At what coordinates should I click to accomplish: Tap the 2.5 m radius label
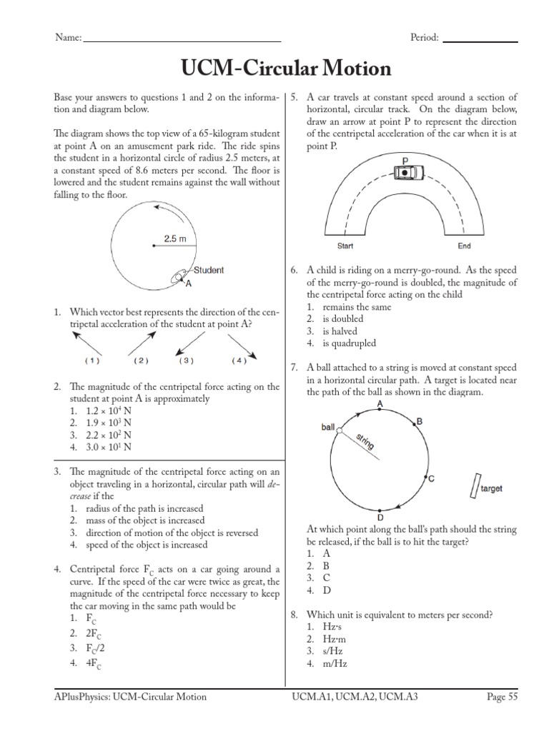point(175,239)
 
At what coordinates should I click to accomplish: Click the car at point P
point(405,172)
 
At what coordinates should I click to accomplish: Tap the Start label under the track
point(346,246)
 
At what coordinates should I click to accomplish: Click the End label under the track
point(464,246)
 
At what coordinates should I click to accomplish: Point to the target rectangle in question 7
point(473,486)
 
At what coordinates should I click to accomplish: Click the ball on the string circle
point(340,430)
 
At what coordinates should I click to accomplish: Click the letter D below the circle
point(380,518)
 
